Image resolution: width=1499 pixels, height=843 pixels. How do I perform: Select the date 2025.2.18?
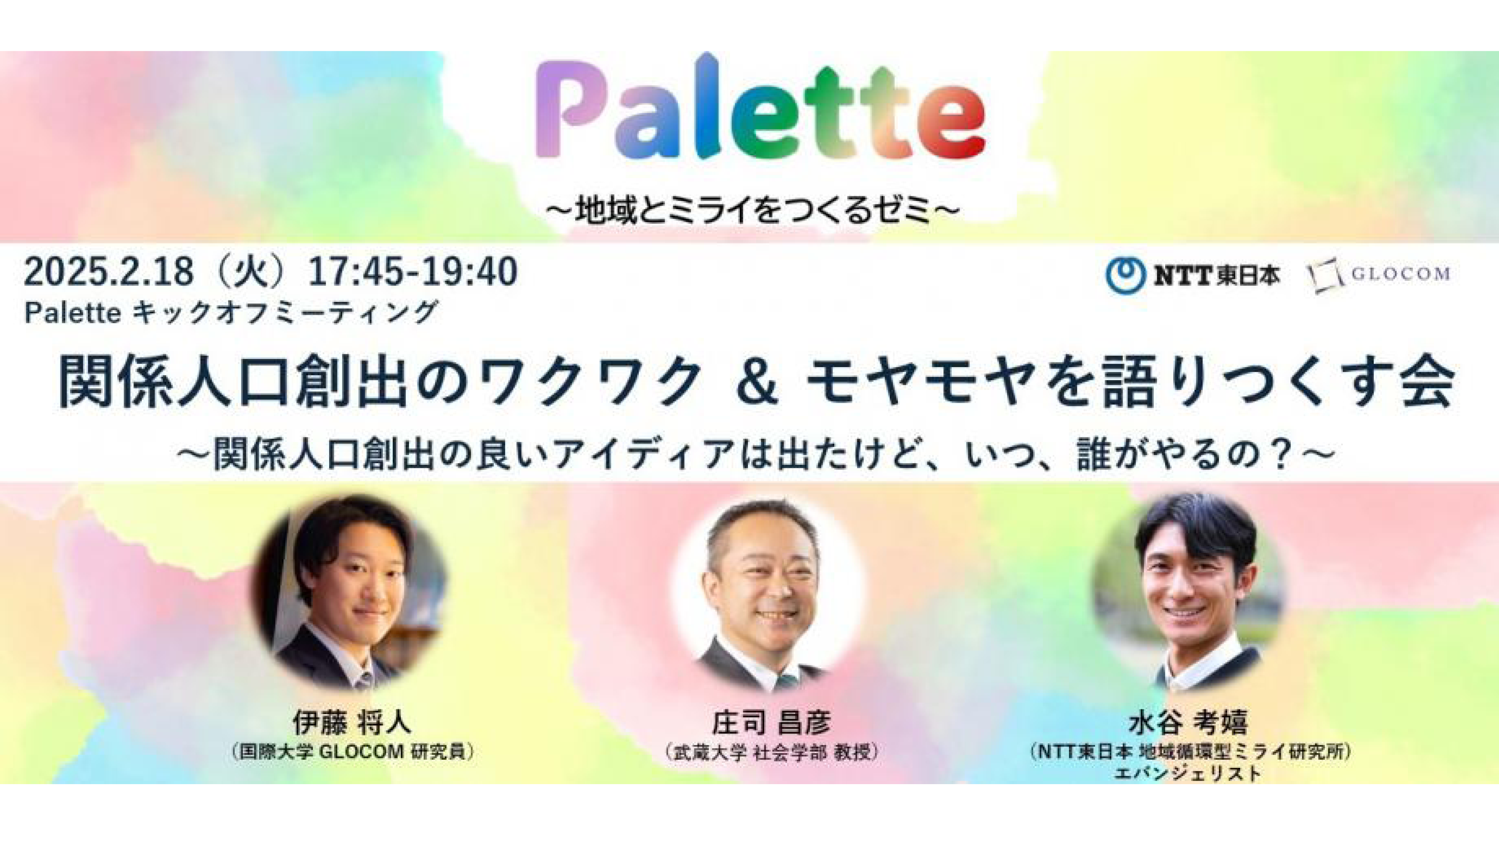click(109, 272)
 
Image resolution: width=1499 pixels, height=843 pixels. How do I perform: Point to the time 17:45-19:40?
click(412, 272)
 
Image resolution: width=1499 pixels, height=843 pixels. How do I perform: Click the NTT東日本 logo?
click(1193, 276)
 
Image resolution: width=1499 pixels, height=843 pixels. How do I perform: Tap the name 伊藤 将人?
click(352, 723)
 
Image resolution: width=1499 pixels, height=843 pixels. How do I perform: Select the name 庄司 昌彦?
click(772, 723)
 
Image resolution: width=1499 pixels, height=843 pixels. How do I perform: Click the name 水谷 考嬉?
click(1189, 723)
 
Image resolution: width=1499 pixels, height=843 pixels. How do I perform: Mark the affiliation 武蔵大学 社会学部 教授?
click(771, 752)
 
